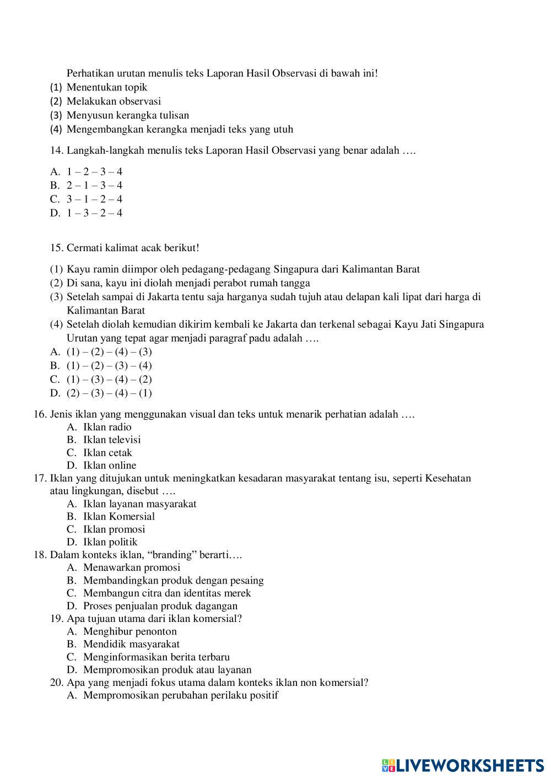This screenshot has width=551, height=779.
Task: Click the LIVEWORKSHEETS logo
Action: [x=463, y=765]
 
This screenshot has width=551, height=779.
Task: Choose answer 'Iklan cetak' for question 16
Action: [x=107, y=453]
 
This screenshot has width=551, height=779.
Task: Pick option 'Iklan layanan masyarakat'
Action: [x=139, y=504]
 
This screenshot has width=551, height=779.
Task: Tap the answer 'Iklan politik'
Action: [x=110, y=542]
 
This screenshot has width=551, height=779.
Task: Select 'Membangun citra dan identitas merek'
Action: [x=167, y=593]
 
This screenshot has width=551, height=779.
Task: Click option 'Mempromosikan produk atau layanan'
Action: [x=167, y=670]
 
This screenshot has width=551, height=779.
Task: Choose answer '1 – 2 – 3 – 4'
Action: [x=94, y=171]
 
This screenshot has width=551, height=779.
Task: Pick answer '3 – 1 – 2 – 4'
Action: [x=94, y=199]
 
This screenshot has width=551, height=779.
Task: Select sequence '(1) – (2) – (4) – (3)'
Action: [x=109, y=351]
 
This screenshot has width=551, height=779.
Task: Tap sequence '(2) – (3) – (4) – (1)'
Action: [x=109, y=393]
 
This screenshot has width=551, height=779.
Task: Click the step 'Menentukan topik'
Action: [x=107, y=87]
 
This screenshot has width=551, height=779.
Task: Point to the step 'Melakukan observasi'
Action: [x=114, y=101]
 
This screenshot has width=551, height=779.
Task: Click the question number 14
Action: [x=57, y=150]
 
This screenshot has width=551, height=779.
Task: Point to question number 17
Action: [x=40, y=478]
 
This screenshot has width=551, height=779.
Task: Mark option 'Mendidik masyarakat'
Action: [x=131, y=644]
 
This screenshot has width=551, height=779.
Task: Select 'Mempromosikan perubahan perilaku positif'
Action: [x=181, y=695]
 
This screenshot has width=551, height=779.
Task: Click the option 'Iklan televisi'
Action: [x=112, y=440]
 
